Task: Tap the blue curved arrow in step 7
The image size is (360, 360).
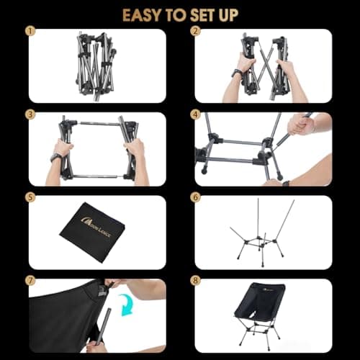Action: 127,305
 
